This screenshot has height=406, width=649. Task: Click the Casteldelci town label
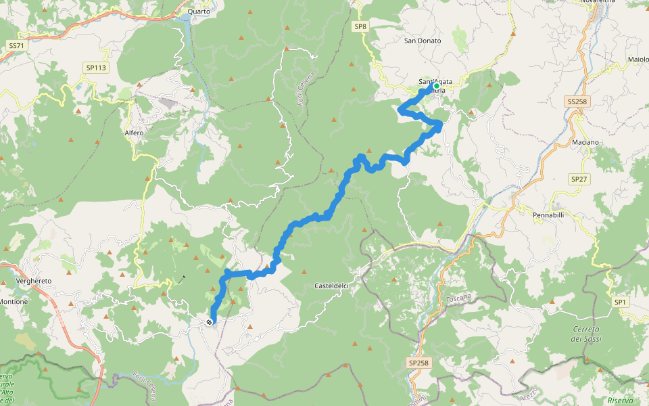click(332, 286)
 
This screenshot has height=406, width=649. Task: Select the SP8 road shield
click(360, 26)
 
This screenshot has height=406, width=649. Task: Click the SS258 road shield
click(576, 101)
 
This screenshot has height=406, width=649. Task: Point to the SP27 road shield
click(579, 179)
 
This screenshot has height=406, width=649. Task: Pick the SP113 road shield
click(96, 68)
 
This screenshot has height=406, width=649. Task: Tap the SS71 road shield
click(16, 45)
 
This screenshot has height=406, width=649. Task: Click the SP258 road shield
click(418, 363)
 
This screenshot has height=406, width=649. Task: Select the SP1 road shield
click(619, 302)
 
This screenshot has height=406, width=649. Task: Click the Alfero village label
click(134, 133)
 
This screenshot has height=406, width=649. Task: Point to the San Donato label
click(423, 41)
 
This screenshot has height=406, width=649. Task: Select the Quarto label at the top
click(199, 12)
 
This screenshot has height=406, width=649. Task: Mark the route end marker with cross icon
click(210, 322)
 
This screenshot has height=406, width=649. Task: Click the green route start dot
click(437, 85)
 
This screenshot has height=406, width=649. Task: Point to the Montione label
click(14, 301)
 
